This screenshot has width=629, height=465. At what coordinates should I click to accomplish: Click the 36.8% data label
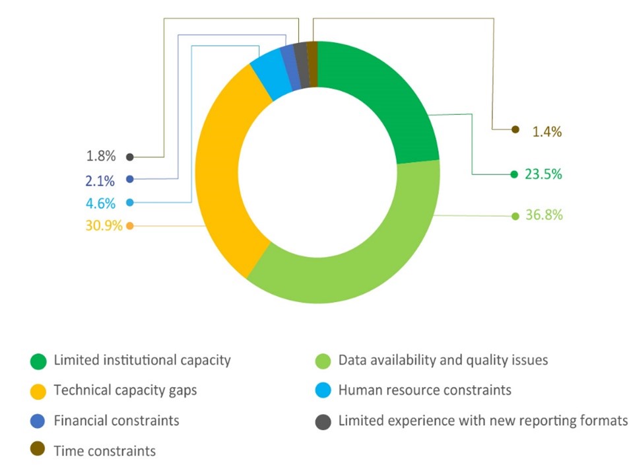[544, 215]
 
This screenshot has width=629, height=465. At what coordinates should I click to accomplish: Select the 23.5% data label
[543, 174]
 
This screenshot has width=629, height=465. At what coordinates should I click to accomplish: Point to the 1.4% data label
[546, 131]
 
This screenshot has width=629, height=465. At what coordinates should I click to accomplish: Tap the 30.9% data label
[104, 226]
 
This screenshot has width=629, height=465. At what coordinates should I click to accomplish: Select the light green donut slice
[370, 258]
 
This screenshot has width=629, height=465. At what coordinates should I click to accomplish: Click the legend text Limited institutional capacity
[142, 361]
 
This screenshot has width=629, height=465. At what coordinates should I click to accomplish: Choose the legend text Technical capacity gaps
[125, 390]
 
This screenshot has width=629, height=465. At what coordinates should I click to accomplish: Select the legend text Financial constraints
[116, 420]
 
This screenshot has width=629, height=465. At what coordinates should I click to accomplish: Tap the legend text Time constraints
[105, 451]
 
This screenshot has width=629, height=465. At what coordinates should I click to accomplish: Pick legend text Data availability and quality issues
[443, 361]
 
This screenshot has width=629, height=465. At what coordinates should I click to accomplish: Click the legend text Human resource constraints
[424, 390]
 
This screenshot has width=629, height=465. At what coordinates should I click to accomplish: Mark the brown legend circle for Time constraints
[38, 450]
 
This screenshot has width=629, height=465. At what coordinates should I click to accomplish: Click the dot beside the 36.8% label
[515, 216]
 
